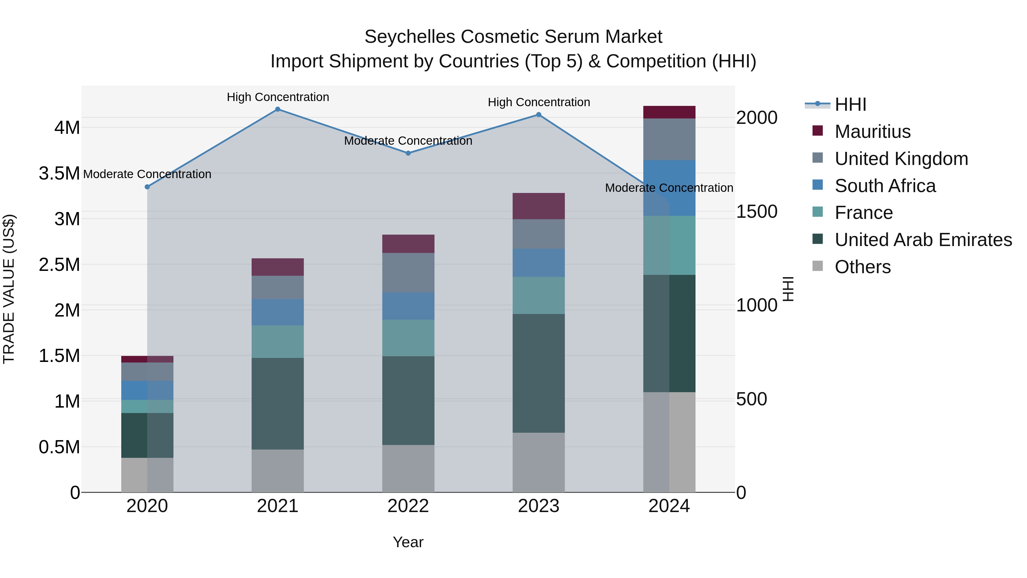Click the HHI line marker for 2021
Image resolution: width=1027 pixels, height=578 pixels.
[x=278, y=109]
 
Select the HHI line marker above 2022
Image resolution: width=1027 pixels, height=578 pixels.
[x=408, y=153]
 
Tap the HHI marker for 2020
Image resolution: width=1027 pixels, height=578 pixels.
[x=147, y=187]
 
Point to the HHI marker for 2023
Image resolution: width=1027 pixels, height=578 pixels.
[x=539, y=115]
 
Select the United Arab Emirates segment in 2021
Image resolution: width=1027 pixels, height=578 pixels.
[x=278, y=404]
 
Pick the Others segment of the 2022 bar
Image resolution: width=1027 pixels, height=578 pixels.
[x=408, y=469]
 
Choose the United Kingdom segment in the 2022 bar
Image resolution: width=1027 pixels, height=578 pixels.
[x=408, y=273]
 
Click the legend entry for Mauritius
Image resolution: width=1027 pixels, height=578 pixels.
[x=872, y=132]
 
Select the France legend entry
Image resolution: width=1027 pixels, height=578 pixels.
[x=863, y=213]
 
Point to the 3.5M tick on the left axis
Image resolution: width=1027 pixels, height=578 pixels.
[x=59, y=174]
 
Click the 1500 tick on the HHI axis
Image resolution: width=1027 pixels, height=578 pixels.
[x=756, y=212]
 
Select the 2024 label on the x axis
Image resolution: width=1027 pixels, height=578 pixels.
[x=669, y=506]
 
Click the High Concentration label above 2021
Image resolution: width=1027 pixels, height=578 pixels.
[x=278, y=97]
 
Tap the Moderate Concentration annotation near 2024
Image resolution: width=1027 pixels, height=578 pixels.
[x=669, y=188]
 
